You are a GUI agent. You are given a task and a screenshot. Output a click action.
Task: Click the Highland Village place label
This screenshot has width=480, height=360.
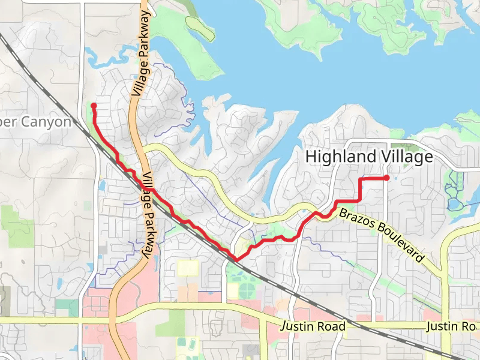(x=369, y=157)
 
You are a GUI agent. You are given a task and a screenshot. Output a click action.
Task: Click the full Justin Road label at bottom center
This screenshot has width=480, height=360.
(x=314, y=326)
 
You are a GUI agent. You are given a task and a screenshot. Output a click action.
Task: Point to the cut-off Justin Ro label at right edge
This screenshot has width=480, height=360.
(x=451, y=326)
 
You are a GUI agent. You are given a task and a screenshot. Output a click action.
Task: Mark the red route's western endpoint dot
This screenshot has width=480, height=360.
(x=94, y=106)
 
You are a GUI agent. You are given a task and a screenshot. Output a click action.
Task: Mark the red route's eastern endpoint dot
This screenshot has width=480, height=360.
(x=386, y=178)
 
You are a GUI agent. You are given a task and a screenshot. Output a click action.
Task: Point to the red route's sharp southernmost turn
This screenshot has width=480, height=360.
(x=236, y=260)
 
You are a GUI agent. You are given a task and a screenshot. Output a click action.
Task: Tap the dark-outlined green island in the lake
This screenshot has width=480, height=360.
(x=200, y=28)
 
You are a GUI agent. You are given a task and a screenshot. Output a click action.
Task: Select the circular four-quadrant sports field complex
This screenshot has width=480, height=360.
(x=247, y=291)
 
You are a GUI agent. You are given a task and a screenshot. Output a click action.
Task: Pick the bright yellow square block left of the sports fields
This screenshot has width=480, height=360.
(x=187, y=268)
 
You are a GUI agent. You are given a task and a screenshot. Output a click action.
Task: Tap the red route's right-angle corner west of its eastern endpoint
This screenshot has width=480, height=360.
(x=359, y=179)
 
